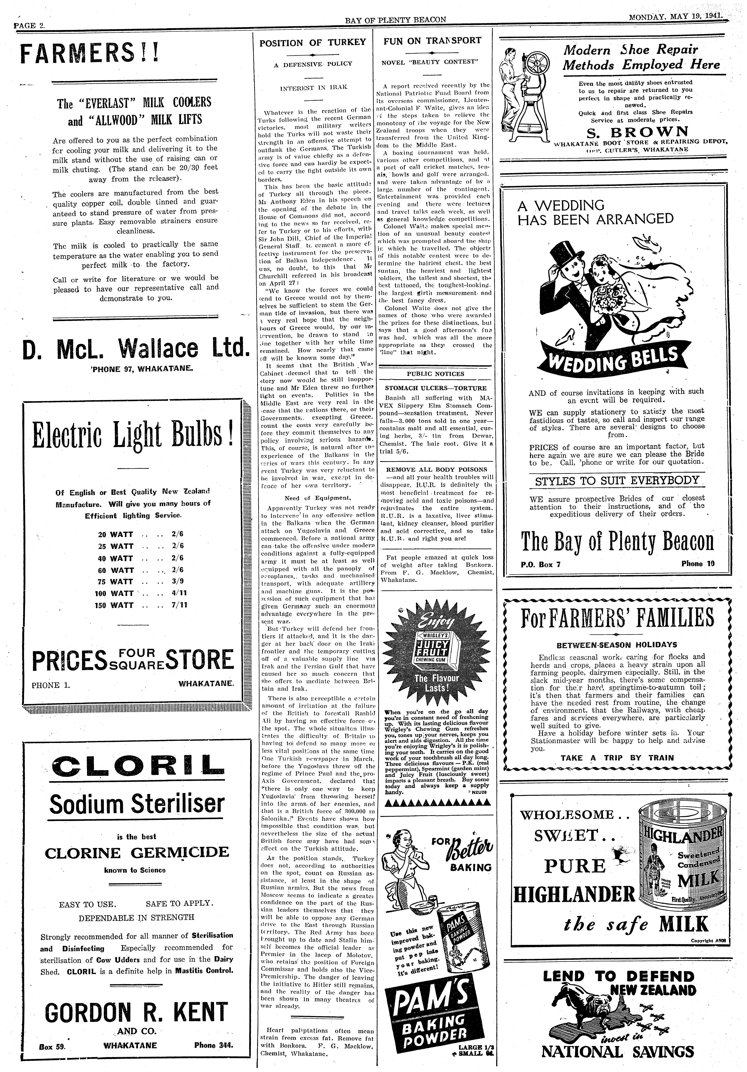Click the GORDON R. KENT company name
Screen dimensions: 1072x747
(x=135, y=1011)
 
